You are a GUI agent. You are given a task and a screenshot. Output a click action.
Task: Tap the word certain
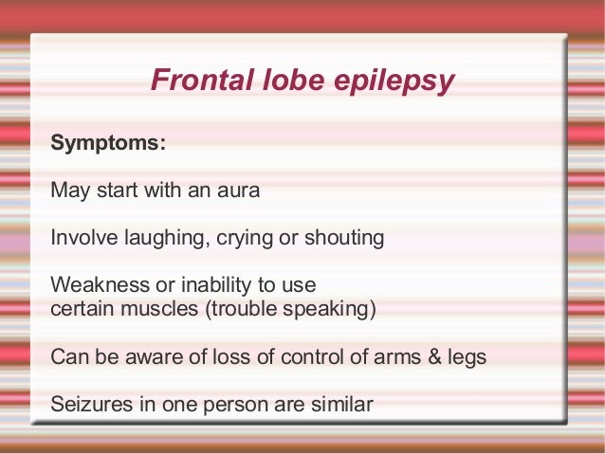point(80,309)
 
